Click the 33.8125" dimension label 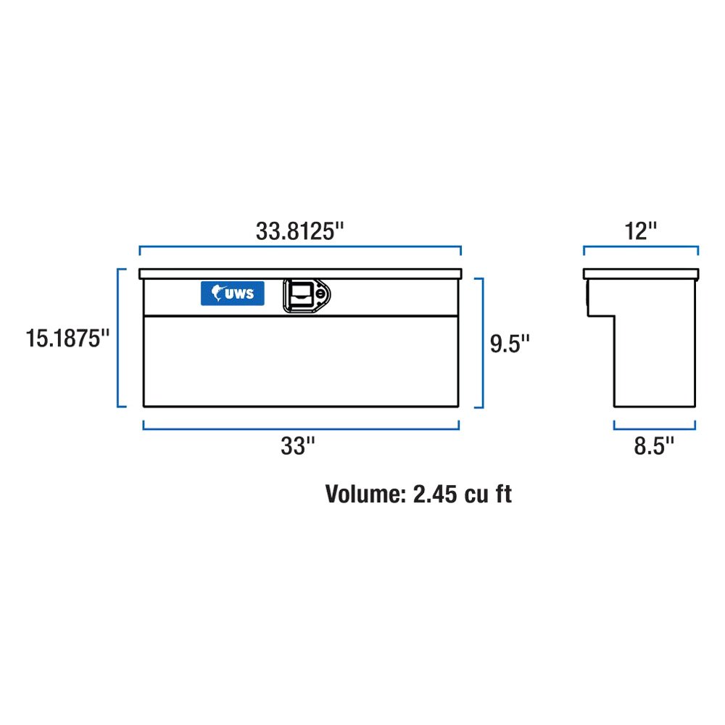coord(299,231)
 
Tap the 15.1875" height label coord(67,339)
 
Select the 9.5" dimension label coord(510,344)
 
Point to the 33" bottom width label coord(298,446)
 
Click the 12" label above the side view coord(640,231)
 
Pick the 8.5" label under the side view coord(654,446)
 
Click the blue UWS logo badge coord(233,294)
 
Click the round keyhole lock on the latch coord(320,294)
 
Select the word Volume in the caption coord(365,494)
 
